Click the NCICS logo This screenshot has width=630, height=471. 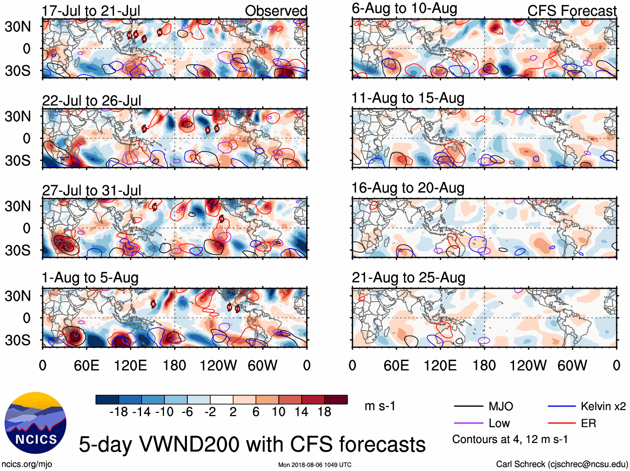point(35,423)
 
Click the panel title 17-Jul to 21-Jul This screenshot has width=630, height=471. point(91,11)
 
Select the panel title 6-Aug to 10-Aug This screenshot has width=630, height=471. point(404,8)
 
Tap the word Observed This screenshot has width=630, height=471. point(276,11)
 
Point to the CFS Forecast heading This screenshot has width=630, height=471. point(572,11)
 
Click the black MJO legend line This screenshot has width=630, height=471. point(468,406)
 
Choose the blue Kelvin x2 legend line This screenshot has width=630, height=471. point(562,406)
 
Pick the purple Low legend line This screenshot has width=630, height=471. point(468,423)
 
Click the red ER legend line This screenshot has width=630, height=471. point(562,423)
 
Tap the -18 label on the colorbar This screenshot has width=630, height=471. point(118,412)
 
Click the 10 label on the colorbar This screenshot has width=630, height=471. point(278,412)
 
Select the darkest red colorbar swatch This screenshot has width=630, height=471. point(336,400)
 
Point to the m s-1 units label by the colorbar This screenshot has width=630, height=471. point(380,406)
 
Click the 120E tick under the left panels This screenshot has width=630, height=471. point(131,366)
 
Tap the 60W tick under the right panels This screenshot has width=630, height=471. point(572,366)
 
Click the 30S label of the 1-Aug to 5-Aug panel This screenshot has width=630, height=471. point(18,340)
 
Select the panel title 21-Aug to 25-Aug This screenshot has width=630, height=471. point(408,278)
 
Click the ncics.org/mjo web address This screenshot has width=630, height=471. point(27,464)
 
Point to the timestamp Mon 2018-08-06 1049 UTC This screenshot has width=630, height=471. point(315,465)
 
